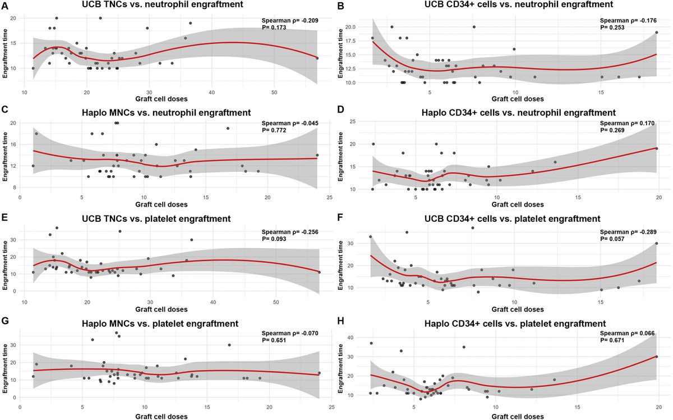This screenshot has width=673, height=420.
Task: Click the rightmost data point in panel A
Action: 317,58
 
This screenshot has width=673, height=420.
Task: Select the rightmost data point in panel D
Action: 656,149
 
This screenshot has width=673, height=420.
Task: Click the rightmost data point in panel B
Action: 656,33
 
